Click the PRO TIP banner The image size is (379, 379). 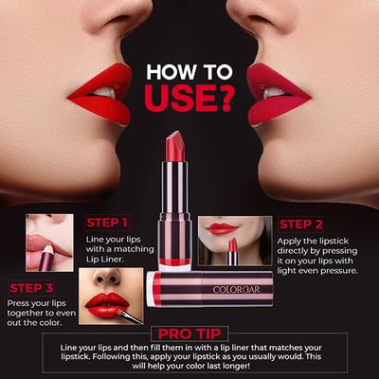tap(189, 334)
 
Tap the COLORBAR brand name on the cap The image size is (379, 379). tap(233, 289)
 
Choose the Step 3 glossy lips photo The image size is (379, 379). tap(112, 298)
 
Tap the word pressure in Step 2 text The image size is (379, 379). tap(336, 271)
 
